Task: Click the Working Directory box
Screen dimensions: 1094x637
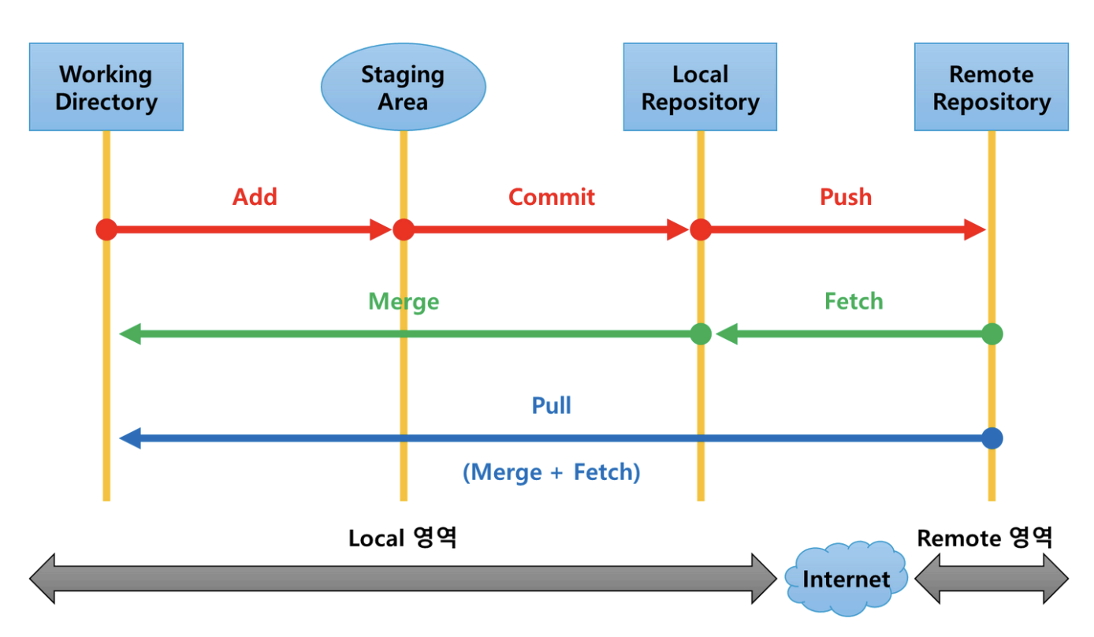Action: (106, 87)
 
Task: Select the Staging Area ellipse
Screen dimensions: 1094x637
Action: (403, 87)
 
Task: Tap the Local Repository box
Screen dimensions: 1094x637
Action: (700, 87)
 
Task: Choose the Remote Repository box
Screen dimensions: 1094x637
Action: (992, 87)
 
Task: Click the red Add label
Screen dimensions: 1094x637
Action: (255, 197)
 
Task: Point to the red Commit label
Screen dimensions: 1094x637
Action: (552, 197)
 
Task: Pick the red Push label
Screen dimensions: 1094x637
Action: (846, 197)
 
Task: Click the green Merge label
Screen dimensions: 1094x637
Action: (404, 301)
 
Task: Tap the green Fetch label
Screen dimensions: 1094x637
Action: (854, 301)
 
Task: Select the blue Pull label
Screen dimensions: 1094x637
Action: (551, 405)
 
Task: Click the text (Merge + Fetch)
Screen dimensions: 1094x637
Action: (552, 472)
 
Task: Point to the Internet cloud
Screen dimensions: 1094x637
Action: (846, 579)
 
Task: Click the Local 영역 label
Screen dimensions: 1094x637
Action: (403, 538)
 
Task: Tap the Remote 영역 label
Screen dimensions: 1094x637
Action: (984, 538)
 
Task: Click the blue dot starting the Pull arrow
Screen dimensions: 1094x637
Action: (992, 438)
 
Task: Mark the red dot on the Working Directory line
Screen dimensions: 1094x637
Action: (106, 229)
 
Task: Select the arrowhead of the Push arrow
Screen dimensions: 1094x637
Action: (975, 229)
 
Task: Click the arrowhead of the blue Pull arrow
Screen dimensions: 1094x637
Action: (130, 438)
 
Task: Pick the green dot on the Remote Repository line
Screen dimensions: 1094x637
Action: (992, 334)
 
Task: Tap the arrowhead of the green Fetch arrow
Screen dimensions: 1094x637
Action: (727, 334)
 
